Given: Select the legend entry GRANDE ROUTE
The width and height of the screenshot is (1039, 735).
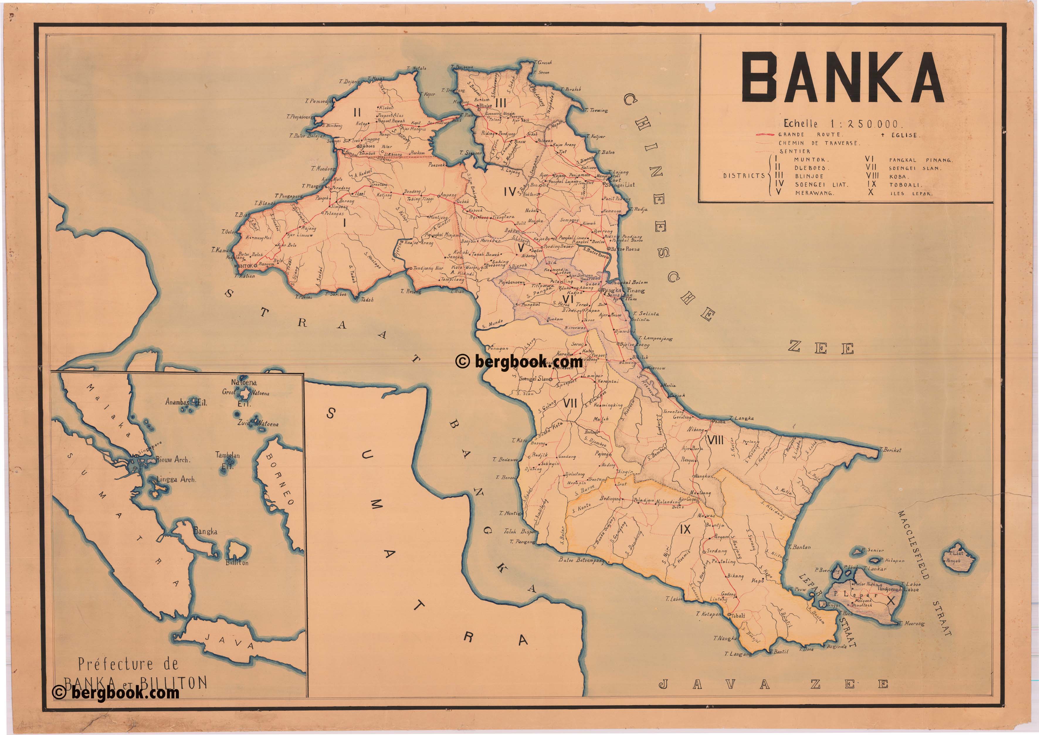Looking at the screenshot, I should tap(810, 134).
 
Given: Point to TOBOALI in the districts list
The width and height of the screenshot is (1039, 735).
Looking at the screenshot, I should tap(904, 185).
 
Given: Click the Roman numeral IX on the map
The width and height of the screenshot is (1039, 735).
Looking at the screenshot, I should tap(685, 529).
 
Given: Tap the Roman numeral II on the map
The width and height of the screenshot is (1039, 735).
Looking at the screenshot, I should tap(357, 111).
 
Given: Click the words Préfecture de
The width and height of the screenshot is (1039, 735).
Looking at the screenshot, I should tap(128, 664).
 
